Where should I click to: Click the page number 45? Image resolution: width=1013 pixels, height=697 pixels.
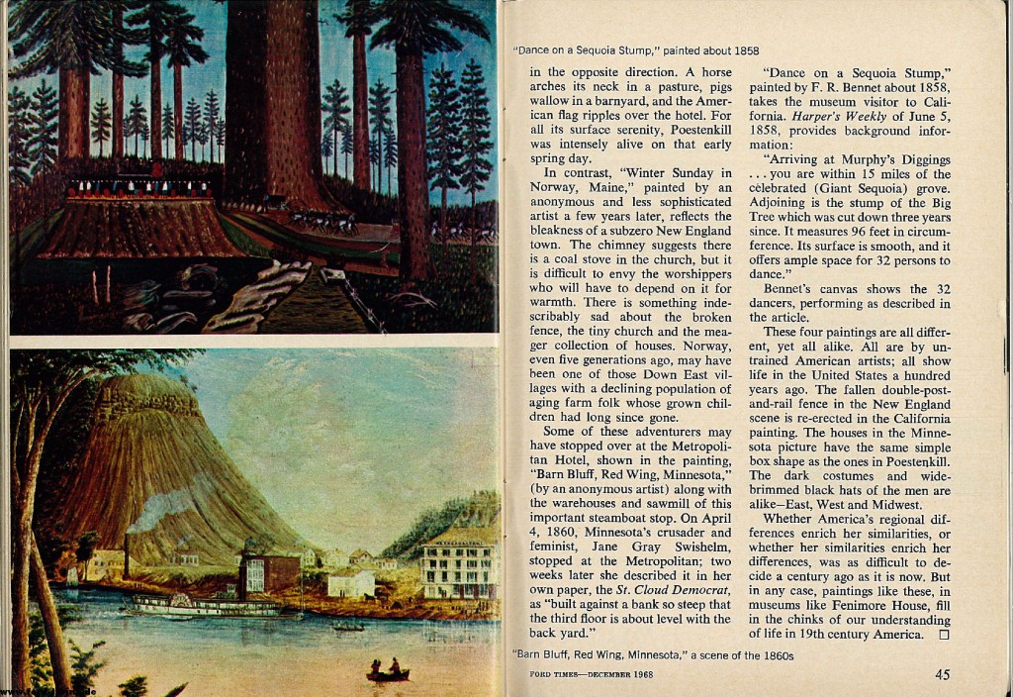coord(943,676)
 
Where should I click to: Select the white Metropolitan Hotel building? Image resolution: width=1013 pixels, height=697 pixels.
coord(459,564)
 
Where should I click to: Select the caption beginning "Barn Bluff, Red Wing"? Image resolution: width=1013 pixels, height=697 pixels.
coord(654,654)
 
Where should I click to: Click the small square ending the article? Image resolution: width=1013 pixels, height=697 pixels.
coord(942,635)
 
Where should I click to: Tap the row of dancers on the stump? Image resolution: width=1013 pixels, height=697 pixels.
coord(138,187)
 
